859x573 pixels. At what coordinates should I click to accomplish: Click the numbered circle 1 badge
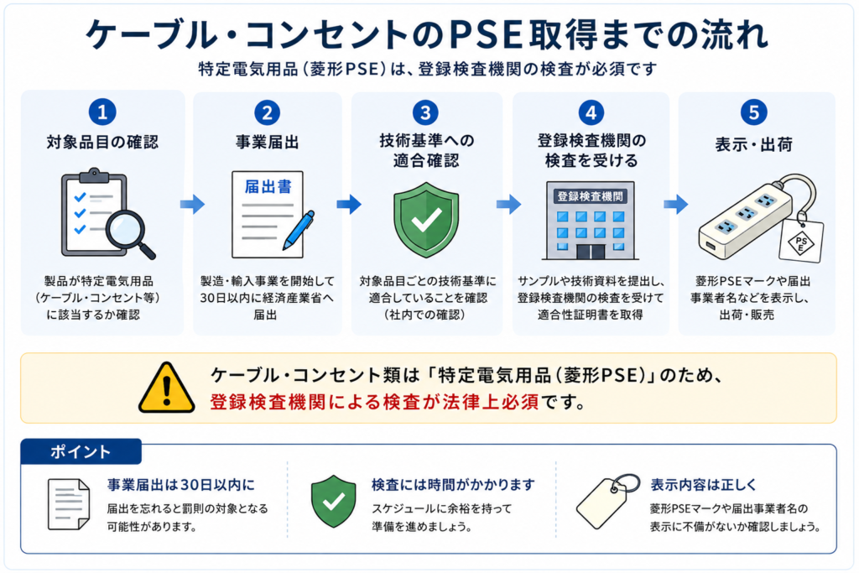coord(102,112)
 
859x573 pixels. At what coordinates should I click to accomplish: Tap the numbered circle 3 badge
coord(425,112)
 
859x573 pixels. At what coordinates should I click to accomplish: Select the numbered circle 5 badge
coord(754,112)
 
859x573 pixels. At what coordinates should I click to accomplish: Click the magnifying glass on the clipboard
coord(130,234)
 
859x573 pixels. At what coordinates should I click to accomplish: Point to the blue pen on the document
coord(299,230)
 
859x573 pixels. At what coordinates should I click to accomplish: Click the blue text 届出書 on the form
coord(268,187)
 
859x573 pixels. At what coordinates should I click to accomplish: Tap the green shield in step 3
coord(426,220)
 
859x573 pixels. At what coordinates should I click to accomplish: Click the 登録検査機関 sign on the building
coord(590,196)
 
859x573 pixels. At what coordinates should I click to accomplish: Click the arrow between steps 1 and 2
coord(192,205)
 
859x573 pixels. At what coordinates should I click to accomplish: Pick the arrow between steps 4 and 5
coord(675,205)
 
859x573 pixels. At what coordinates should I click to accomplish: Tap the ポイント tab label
coord(81,452)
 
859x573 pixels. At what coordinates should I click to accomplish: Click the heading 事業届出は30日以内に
coord(181,485)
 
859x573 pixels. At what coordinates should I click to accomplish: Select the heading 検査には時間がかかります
coord(453,485)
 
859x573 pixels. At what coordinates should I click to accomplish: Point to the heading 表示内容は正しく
coord(704,485)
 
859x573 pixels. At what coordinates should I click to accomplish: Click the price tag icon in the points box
coord(607,501)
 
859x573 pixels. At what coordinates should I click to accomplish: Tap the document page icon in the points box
coord(69,504)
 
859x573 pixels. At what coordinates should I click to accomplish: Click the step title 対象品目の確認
coord(102,143)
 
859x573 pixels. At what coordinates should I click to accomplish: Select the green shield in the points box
coord(333,501)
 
